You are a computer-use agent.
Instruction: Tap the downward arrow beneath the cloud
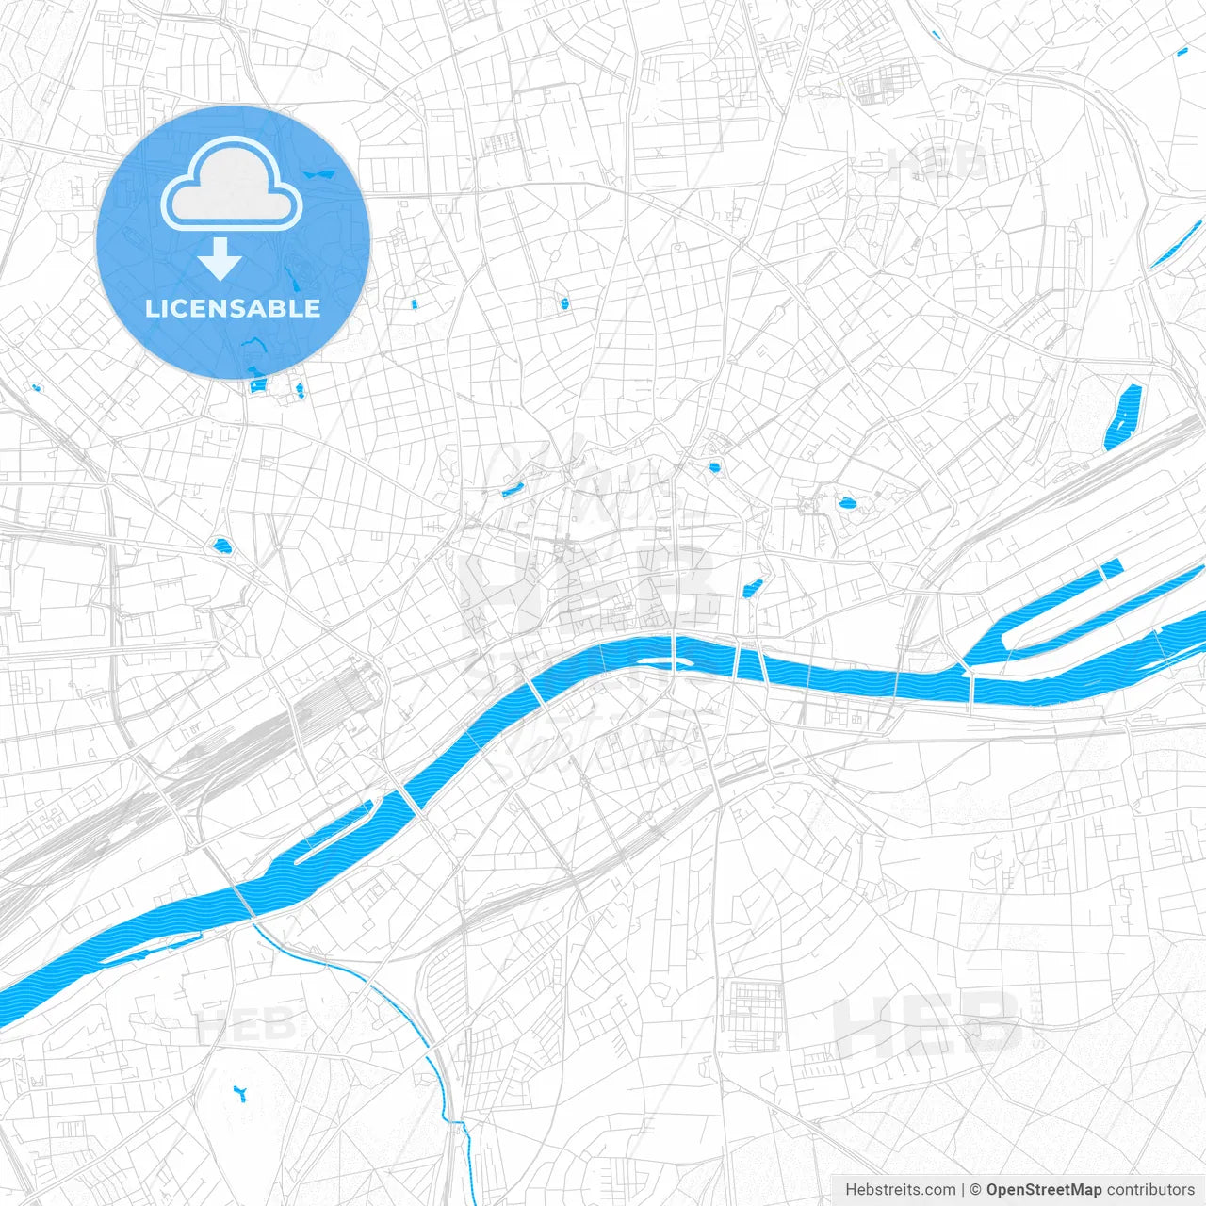point(220,259)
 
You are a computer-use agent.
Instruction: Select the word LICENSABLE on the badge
point(233,308)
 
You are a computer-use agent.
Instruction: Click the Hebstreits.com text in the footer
point(900,1190)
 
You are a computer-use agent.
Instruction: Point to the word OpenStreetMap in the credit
point(1044,1190)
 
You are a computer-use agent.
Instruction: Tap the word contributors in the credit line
point(1150,1190)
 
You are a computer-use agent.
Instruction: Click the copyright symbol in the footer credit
point(975,1190)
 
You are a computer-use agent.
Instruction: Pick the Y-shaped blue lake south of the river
point(239,1093)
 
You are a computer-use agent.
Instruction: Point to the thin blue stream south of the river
point(377,989)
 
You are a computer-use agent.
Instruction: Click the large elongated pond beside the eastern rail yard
point(1122,416)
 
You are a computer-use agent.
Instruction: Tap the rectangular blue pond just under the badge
point(256,385)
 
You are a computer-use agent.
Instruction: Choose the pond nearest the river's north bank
point(751,589)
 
